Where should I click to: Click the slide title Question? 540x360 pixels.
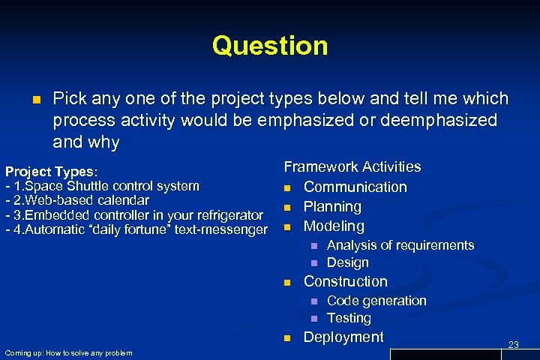tap(270, 46)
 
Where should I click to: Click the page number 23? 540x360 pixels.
tap(514, 344)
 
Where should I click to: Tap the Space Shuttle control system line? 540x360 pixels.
tap(103, 186)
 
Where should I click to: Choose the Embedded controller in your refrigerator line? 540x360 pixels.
tap(134, 215)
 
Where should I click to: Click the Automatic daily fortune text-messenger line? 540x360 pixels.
tap(136, 229)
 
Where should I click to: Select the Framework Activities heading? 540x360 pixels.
tap(352, 166)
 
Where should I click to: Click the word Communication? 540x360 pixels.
tap(355, 187)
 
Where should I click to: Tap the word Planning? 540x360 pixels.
tap(332, 206)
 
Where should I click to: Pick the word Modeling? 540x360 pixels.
tap(334, 226)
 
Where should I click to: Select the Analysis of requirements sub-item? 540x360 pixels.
tap(400, 245)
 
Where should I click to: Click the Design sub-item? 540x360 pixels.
tap(348, 262)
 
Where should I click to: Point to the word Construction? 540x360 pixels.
tap(345, 281)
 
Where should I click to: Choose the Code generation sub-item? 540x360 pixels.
tap(376, 301)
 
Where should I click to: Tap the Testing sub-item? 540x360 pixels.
tap(349, 318)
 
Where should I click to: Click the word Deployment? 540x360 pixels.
tap(343, 337)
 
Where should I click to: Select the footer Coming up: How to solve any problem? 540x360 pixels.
tap(68, 353)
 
